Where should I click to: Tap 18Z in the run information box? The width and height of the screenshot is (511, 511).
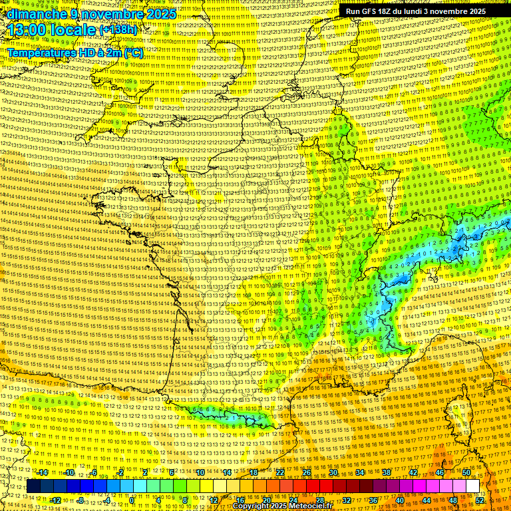[385, 11]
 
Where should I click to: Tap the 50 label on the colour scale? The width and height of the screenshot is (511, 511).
[466, 472]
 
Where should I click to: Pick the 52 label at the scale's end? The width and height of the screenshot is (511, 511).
[480, 500]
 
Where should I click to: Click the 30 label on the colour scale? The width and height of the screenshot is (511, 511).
[333, 472]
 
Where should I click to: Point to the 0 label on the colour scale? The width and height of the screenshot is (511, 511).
[132, 500]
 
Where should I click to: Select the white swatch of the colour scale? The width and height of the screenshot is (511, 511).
[473, 486]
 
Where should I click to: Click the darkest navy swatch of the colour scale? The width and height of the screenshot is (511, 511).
[33, 486]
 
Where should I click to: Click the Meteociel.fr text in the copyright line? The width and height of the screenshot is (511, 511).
[311, 506]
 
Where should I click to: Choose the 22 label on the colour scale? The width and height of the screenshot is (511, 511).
[280, 472]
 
